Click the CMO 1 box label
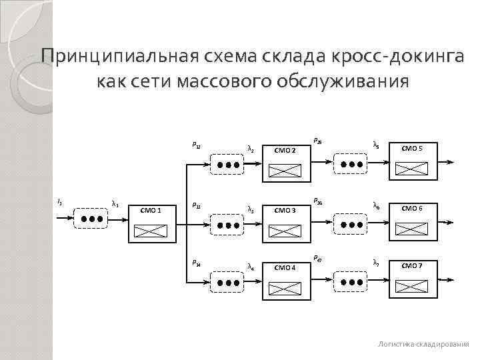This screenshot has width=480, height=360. click(151, 211)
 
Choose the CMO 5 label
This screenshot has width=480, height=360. click(411, 148)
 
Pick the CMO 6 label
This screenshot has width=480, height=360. click(411, 208)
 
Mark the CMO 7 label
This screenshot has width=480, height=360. click(411, 266)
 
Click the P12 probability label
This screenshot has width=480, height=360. click(196, 145)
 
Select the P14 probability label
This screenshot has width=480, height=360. click(196, 263)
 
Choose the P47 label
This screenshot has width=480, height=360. click(317, 258)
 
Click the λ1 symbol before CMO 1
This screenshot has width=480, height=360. click(115, 203)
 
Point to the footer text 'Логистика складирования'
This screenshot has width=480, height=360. click(423, 343)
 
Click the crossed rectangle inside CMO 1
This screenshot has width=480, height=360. click(151, 231)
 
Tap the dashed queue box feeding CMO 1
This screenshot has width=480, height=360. click(90, 218)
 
